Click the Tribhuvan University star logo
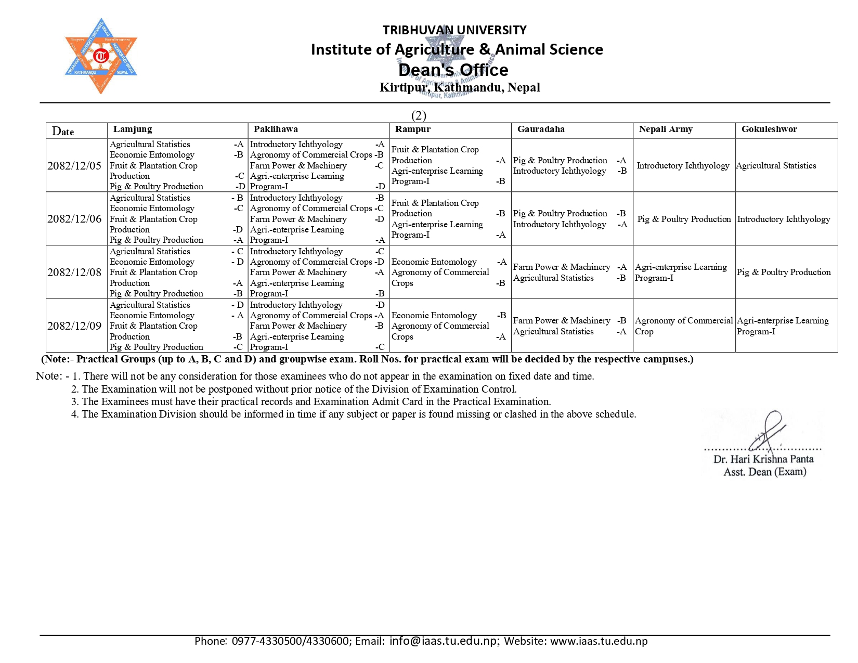pyautogui.click(x=101, y=56)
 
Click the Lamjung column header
pyautogui.click(x=133, y=129)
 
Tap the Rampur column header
pyautogui.click(x=413, y=129)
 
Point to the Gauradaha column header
pyautogui.click(x=541, y=129)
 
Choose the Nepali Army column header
pyautogui.click(x=666, y=129)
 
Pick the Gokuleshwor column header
pyautogui.click(x=769, y=129)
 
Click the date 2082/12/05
pyautogui.click(x=74, y=166)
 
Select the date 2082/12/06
pyautogui.click(x=74, y=219)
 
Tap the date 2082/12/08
pyautogui.click(x=74, y=272)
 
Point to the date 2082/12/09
pyautogui.click(x=74, y=326)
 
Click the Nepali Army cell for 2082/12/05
pyautogui.click(x=683, y=166)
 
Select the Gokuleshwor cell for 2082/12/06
pyautogui.click(x=784, y=219)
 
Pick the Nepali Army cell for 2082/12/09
pyautogui.click(x=683, y=326)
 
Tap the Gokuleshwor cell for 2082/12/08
pyautogui.click(x=784, y=272)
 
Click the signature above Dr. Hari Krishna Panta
pyautogui.click(x=767, y=432)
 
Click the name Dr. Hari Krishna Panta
pyautogui.click(x=763, y=459)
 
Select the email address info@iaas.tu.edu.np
pyautogui.click(x=443, y=641)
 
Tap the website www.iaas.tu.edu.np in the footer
pyautogui.click(x=599, y=641)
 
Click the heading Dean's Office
pyautogui.click(x=453, y=70)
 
